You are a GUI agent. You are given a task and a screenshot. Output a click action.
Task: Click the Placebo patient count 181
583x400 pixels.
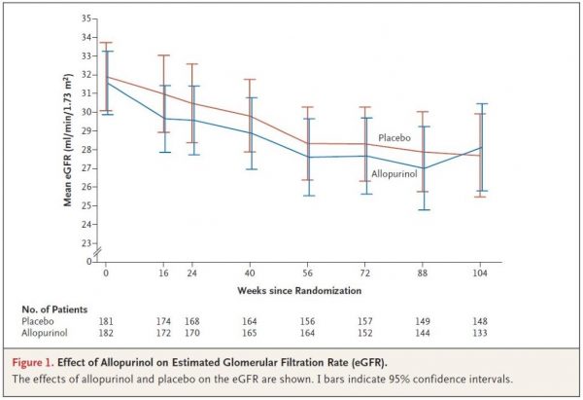click(x=106, y=321)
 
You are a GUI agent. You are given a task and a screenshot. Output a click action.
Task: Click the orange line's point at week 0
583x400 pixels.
click(x=106, y=77)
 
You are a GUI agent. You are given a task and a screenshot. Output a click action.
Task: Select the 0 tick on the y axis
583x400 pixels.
click(x=88, y=262)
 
